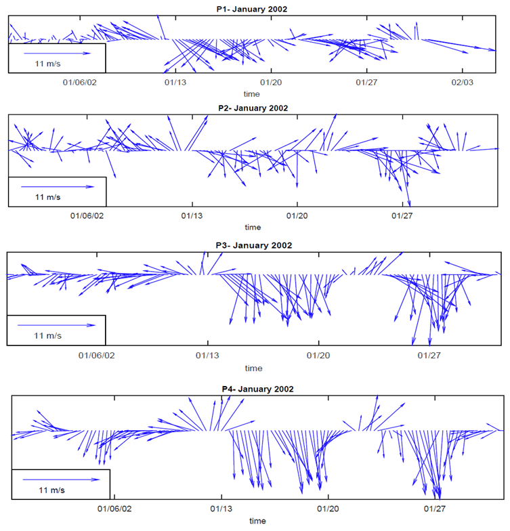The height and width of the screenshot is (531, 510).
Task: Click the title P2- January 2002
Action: [253, 108]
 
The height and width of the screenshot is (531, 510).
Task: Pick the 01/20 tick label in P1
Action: [271, 82]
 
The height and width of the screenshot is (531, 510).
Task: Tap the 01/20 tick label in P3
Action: [318, 355]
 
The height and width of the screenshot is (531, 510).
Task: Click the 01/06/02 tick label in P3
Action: [97, 355]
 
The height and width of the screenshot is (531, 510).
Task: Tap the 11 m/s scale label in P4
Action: [51, 488]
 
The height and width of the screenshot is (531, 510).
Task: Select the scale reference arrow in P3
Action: [57, 324]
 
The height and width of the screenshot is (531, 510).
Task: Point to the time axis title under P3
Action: [253, 368]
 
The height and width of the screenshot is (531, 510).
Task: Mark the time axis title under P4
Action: [257, 521]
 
